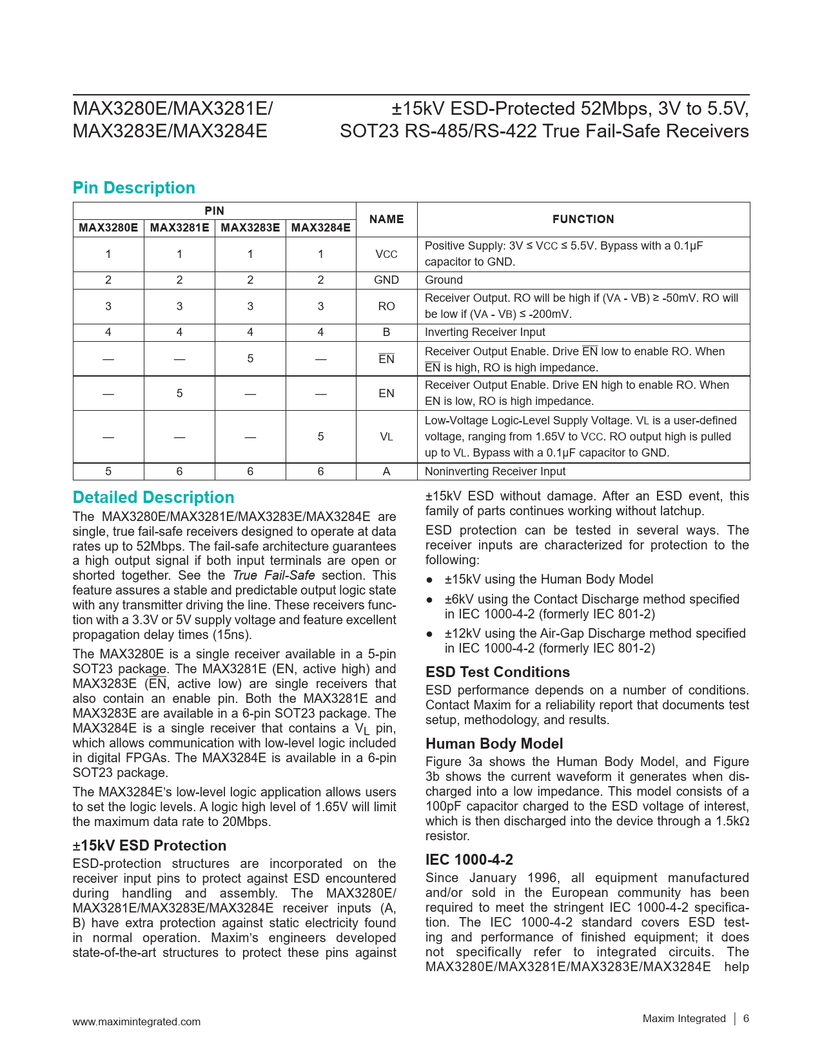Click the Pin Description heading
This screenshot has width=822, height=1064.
click(134, 188)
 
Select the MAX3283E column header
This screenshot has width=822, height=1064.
click(250, 228)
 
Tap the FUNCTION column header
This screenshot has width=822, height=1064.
click(583, 219)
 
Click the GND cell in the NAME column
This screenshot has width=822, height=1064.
click(386, 280)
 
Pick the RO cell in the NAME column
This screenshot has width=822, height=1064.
click(386, 306)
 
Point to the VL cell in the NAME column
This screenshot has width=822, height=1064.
click(386, 437)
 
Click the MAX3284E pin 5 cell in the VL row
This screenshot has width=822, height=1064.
click(320, 437)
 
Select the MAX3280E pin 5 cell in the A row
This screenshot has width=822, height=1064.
click(108, 471)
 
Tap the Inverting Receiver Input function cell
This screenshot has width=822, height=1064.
click(485, 332)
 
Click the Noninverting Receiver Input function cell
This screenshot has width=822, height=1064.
click(494, 471)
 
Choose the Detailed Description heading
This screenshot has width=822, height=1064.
click(153, 497)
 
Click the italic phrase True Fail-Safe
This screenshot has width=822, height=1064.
click(273, 575)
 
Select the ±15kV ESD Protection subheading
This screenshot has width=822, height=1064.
click(150, 845)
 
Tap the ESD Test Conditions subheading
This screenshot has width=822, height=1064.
click(498, 672)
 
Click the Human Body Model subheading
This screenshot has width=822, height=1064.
click(494, 744)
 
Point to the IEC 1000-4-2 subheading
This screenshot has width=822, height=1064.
click(469, 860)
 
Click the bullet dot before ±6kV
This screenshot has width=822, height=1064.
click(430, 600)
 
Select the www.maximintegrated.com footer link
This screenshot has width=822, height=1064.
click(137, 1021)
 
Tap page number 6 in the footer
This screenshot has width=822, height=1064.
click(746, 1019)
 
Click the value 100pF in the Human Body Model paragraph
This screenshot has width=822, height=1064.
click(444, 806)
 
